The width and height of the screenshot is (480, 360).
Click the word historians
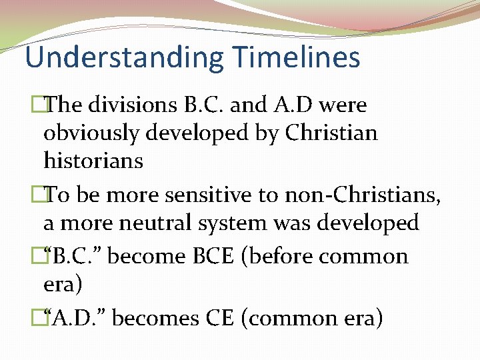tap(93, 160)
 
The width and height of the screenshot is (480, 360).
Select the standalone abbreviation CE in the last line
tap(217, 318)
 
